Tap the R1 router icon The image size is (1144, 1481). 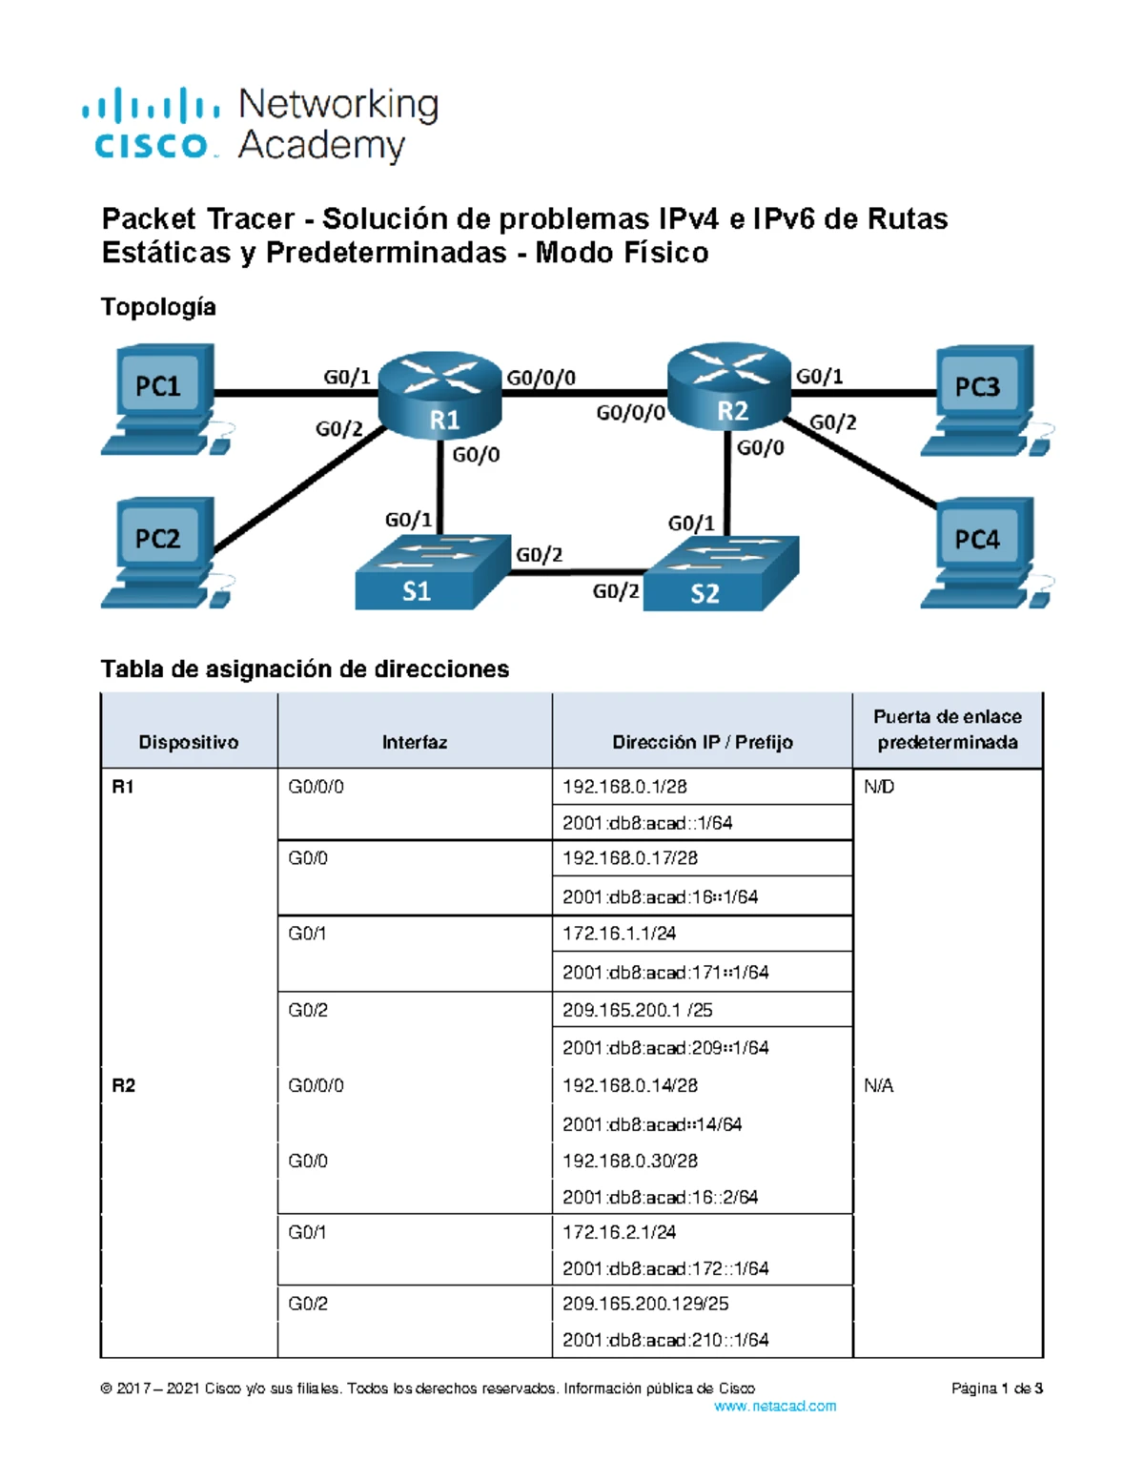(441, 398)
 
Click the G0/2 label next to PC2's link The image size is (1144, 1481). (339, 429)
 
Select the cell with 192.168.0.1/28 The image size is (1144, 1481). (624, 787)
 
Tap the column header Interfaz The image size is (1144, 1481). (414, 742)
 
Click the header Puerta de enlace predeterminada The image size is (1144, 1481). (947, 730)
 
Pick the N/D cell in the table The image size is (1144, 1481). (879, 787)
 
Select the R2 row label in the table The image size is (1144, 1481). (124, 1085)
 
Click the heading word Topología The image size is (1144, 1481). (158, 307)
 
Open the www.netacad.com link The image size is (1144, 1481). (774, 1406)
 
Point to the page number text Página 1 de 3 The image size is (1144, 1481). (996, 1388)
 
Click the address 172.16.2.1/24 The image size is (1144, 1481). (619, 1232)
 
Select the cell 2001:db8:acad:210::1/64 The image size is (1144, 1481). (665, 1340)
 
